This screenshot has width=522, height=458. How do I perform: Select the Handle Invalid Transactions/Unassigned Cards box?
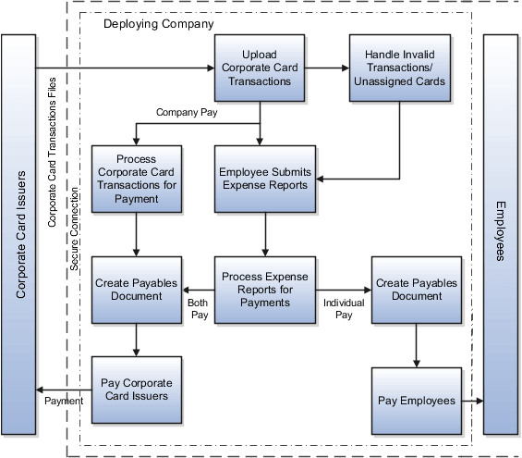[x=398, y=68]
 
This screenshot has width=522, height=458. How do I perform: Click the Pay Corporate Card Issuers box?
[x=137, y=388]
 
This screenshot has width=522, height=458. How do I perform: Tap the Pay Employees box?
[x=417, y=400]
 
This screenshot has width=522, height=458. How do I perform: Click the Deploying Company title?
[x=158, y=23]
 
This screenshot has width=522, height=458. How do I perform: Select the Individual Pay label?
[x=344, y=309]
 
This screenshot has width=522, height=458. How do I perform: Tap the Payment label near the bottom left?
[x=64, y=401]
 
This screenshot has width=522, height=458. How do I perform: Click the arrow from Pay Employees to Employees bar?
[x=471, y=401]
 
